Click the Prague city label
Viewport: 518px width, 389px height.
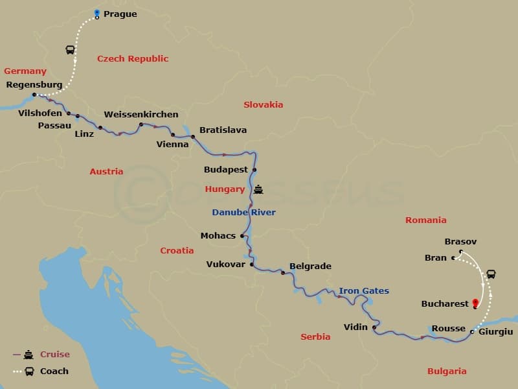(x=120, y=14)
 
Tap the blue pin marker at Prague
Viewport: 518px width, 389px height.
(x=96, y=13)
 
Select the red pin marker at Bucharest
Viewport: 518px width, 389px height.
(x=476, y=303)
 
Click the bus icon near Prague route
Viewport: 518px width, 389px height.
(x=70, y=49)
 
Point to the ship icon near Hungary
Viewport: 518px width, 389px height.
(x=259, y=189)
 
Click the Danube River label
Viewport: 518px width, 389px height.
(x=243, y=212)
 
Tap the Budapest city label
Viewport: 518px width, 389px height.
(x=226, y=169)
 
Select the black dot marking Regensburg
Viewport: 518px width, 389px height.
(x=34, y=95)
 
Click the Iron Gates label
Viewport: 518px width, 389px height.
(x=364, y=291)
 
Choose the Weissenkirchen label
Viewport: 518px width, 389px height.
(x=141, y=115)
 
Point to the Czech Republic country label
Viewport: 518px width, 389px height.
(x=133, y=59)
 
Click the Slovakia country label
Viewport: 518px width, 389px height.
(x=263, y=104)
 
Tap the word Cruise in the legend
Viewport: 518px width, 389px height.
(x=54, y=355)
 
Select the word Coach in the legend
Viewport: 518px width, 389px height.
(x=54, y=371)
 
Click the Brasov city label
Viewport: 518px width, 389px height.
(x=461, y=242)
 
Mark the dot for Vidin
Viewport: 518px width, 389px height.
(x=374, y=327)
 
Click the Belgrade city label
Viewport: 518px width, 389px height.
(x=310, y=266)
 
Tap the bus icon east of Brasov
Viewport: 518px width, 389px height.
(x=491, y=274)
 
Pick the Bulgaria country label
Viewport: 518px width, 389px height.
(x=446, y=371)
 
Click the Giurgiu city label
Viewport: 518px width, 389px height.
(x=497, y=332)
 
